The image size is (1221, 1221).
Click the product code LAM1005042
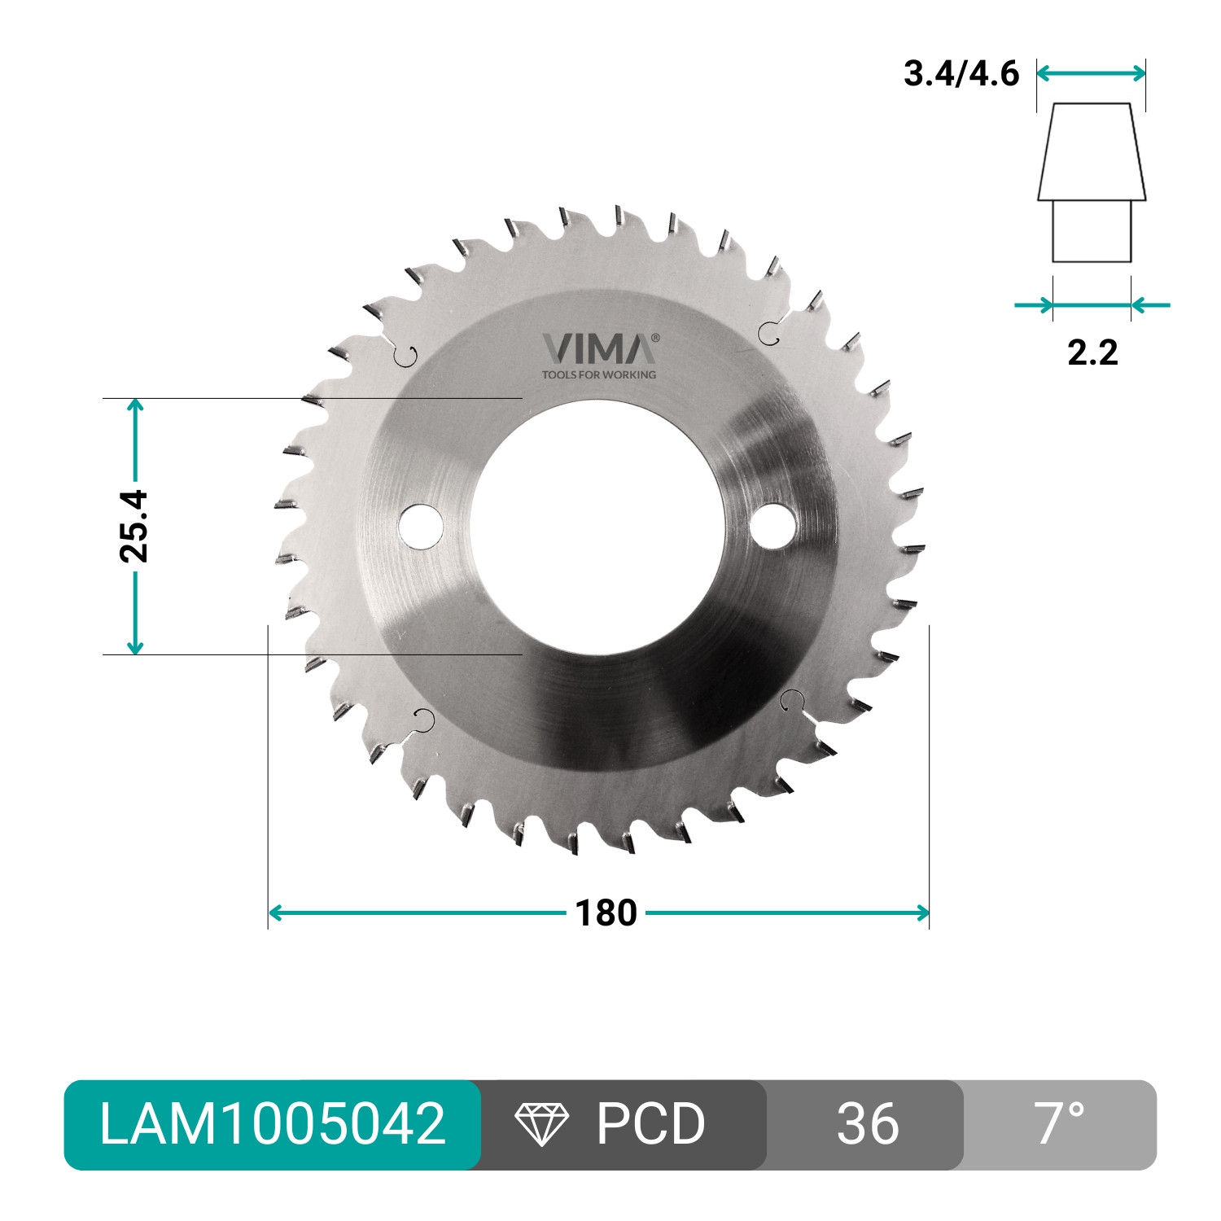pos(273,1124)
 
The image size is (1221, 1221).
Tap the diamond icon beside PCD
pos(542,1125)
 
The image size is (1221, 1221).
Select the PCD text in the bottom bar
pos(650,1124)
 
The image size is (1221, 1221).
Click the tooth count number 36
pos(868,1124)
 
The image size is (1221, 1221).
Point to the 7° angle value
pos(1061,1123)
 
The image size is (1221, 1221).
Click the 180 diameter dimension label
pos(606,913)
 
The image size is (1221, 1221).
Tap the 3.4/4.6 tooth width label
pos(961,74)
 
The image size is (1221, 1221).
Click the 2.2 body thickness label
pos(1092,352)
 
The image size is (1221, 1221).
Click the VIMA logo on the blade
pos(601,348)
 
